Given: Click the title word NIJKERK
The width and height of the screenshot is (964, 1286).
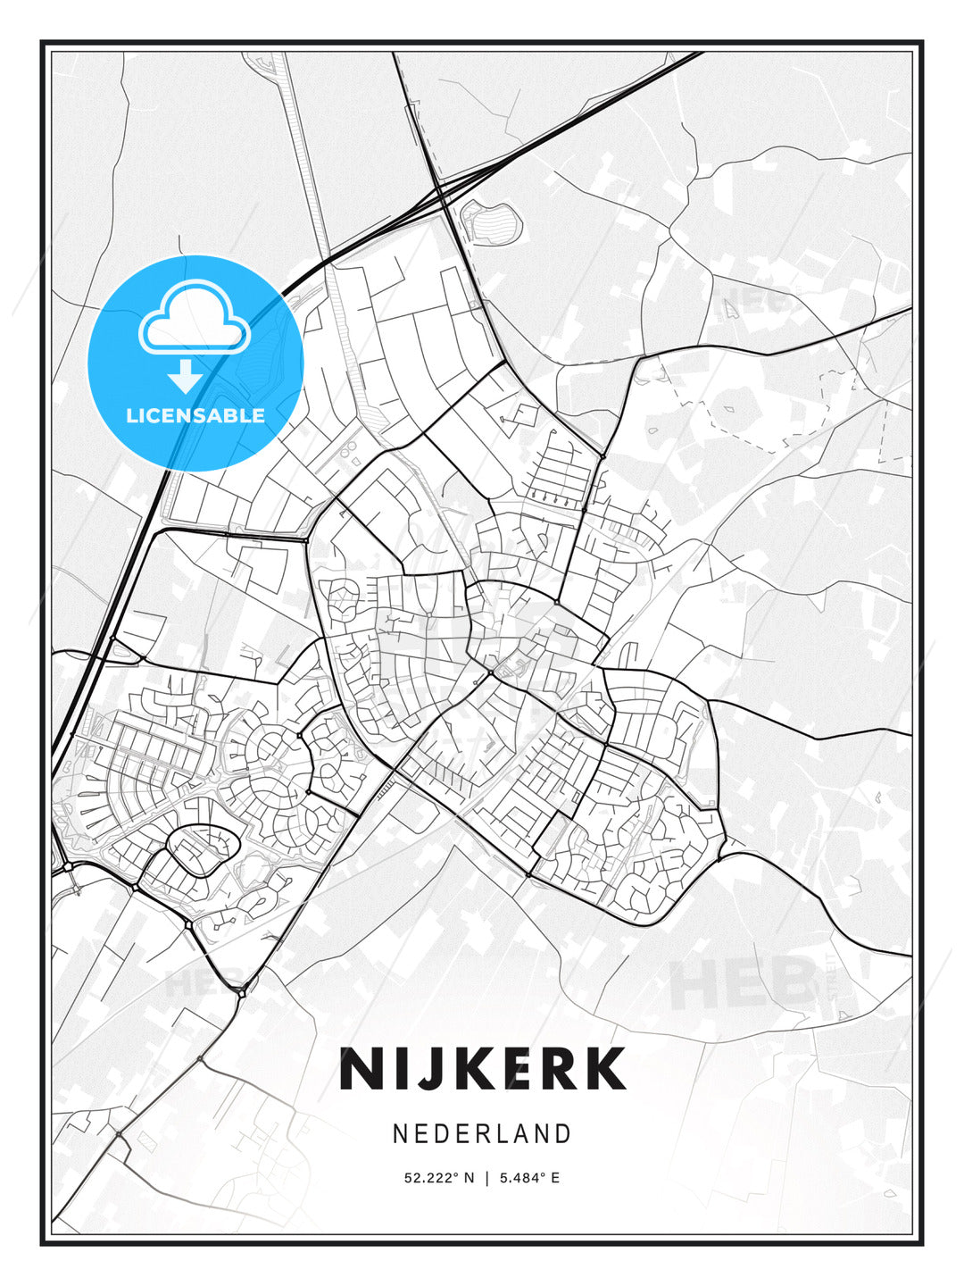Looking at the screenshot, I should [x=482, y=1069].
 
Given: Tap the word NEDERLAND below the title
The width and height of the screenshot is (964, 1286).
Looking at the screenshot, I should [x=482, y=1133].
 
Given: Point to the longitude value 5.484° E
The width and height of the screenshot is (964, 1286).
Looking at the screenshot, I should [x=529, y=1178].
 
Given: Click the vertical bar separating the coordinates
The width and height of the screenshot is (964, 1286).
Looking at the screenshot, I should [x=486, y=1178].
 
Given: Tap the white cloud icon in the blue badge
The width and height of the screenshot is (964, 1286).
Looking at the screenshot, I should [x=194, y=320].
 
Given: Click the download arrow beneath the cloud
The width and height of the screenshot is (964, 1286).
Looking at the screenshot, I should [x=185, y=377].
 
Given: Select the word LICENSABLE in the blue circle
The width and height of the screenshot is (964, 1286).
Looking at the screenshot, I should [x=195, y=415].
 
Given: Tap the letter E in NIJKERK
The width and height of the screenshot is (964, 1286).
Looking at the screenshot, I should [x=512, y=1069].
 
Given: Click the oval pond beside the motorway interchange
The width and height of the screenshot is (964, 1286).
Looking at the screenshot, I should [x=488, y=222].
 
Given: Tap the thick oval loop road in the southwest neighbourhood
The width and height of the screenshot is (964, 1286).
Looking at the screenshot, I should [x=204, y=849].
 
